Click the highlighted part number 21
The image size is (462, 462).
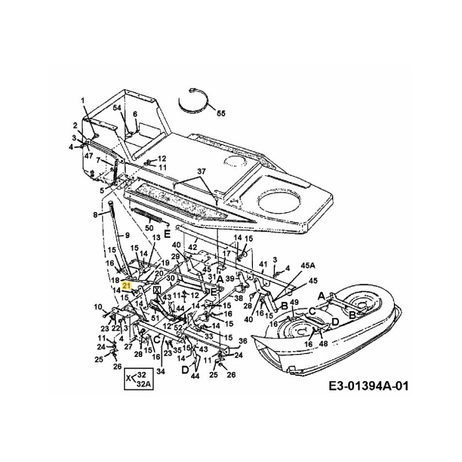127,284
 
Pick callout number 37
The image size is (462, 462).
201,172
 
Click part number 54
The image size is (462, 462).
117,108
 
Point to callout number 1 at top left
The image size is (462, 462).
83,100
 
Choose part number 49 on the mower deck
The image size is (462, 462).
294,302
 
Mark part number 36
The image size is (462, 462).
243,340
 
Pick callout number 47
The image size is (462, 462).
88,156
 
